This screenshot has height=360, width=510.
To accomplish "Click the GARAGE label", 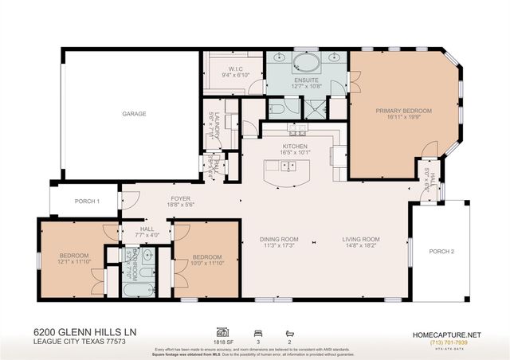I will tap(133, 114).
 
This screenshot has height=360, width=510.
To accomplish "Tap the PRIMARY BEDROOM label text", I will tap(403, 112).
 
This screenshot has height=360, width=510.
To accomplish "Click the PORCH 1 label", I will tap(86, 202).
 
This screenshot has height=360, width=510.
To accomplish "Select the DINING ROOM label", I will tap(279, 239).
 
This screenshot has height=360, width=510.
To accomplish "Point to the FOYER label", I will tap(180, 198).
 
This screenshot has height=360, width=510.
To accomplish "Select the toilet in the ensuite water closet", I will tap(273, 110).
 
